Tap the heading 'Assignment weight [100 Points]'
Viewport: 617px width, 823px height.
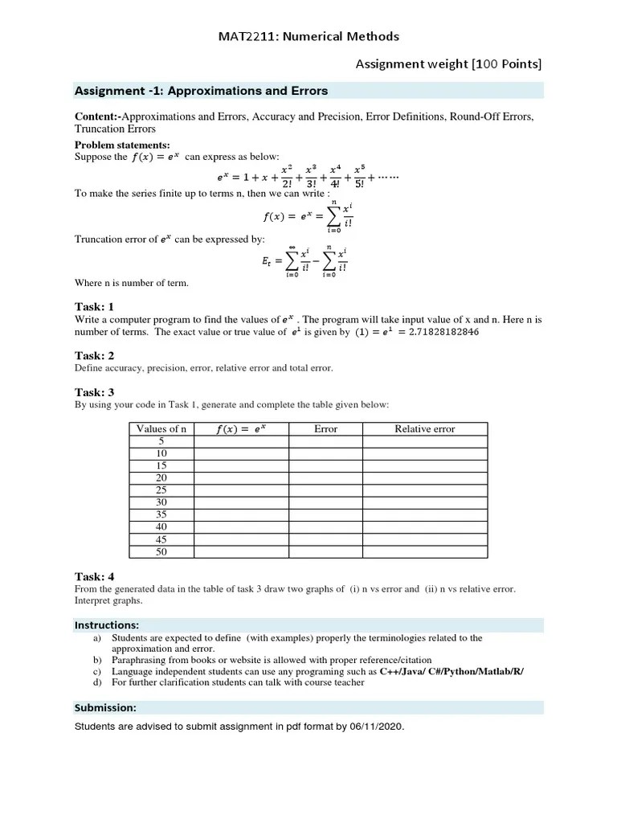449,63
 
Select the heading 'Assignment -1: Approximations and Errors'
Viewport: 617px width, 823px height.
201,91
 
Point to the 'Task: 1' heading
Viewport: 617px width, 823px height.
94,306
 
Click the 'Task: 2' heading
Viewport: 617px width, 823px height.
94,355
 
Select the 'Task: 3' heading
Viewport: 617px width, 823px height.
94,392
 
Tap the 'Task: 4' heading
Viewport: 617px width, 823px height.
94,576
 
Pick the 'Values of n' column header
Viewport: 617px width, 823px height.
161,429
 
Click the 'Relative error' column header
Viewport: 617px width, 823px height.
424,429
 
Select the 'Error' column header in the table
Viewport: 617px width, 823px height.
325,429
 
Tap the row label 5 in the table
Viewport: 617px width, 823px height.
161,441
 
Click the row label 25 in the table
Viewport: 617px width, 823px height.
161,490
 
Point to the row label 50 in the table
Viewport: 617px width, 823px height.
161,552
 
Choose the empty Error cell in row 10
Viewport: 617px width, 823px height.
325,454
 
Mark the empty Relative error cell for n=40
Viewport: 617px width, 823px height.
424,527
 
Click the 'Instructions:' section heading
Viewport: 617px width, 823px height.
107,624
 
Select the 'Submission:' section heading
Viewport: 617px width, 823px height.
105,708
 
